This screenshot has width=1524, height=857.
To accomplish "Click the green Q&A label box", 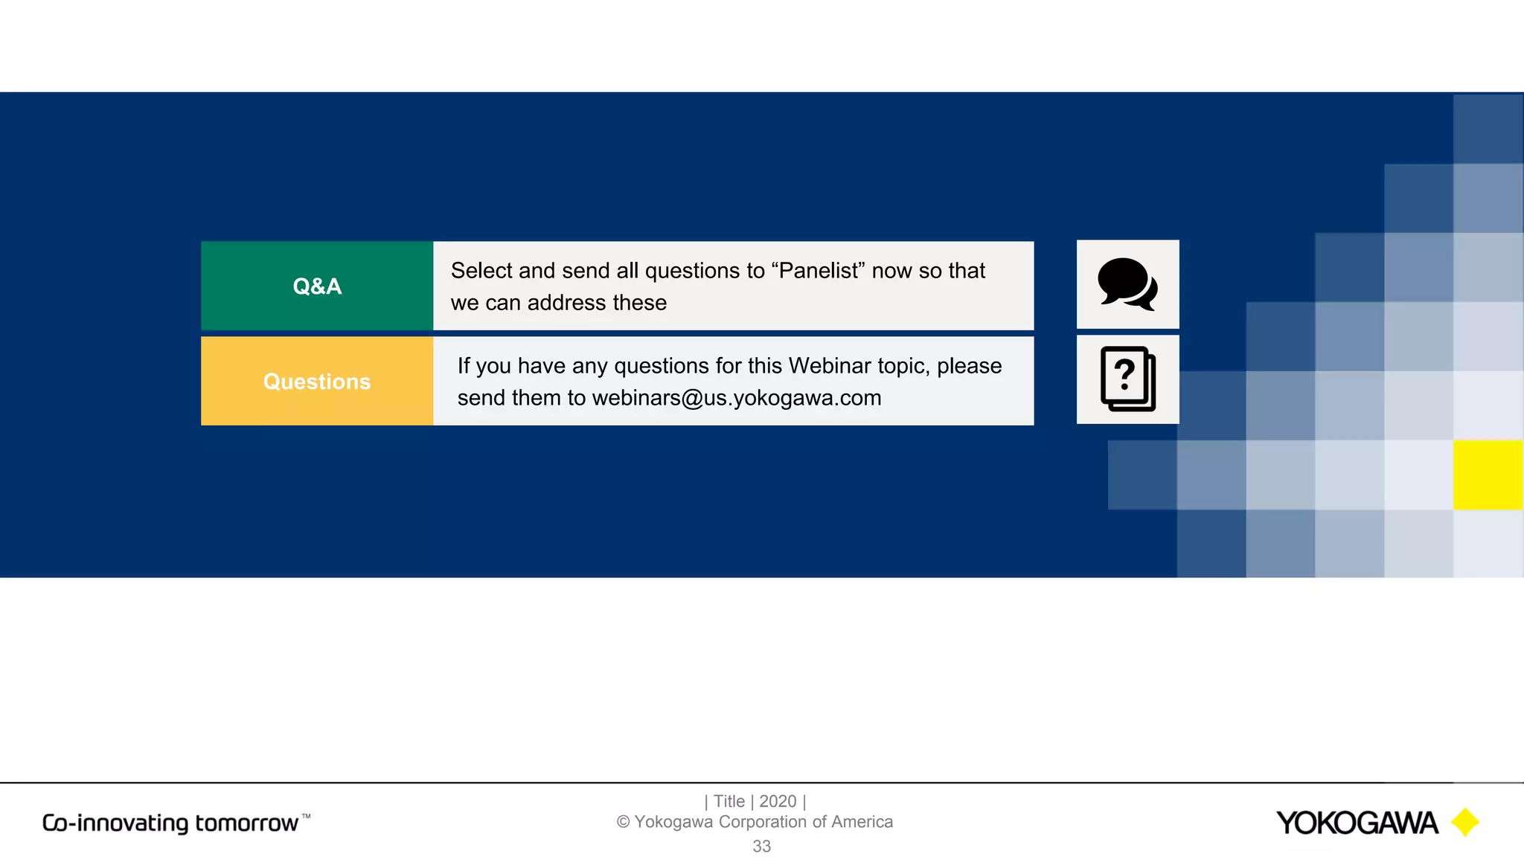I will pyautogui.click(x=317, y=286).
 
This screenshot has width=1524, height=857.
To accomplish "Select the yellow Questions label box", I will pyautogui.click(x=317, y=381).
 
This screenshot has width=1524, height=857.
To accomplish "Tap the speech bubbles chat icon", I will pyautogui.click(x=1127, y=284).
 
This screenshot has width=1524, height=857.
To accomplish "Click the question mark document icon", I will pyautogui.click(x=1127, y=379).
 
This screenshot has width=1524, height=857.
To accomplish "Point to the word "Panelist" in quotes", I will pyautogui.click(x=818, y=271).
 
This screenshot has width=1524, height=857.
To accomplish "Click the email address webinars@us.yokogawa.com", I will pyautogui.click(x=737, y=398).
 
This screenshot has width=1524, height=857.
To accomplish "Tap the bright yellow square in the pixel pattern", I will pyautogui.click(x=1488, y=475).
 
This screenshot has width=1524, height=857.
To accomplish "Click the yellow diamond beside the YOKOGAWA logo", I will pyautogui.click(x=1465, y=822).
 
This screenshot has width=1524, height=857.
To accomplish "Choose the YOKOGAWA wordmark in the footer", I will pyautogui.click(x=1357, y=823).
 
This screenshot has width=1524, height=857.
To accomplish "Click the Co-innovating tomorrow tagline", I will pyautogui.click(x=170, y=823).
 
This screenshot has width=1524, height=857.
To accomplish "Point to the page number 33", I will pyautogui.click(x=761, y=846).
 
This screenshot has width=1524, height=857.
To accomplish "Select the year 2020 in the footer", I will pyautogui.click(x=778, y=801).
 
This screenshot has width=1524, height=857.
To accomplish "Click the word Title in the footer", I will pyautogui.click(x=729, y=801).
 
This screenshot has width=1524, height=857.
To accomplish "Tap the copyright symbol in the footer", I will pyautogui.click(x=623, y=822).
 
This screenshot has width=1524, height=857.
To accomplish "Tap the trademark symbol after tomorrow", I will pyautogui.click(x=306, y=816).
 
